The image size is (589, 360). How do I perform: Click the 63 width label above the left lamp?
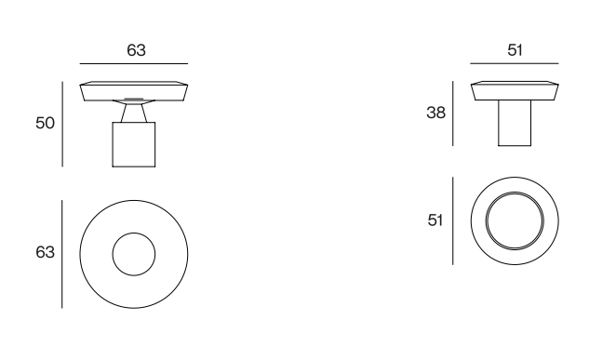pyautogui.click(x=136, y=50)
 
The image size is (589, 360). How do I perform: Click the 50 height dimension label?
pyautogui.click(x=45, y=123)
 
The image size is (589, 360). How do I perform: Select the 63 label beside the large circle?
pyautogui.click(x=45, y=252)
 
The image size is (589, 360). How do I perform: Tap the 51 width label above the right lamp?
pyautogui.click(x=515, y=50)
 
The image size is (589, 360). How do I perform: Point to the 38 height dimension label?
pyautogui.click(x=435, y=113)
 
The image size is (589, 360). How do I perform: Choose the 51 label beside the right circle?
pyautogui.click(x=435, y=220)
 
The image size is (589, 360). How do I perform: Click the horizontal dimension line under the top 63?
pyautogui.click(x=134, y=64)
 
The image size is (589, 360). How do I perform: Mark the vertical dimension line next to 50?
pyautogui.click(x=62, y=124)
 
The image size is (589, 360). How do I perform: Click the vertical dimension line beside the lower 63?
pyautogui.click(x=62, y=254)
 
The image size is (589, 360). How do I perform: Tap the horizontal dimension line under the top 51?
pyautogui.click(x=515, y=63)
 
